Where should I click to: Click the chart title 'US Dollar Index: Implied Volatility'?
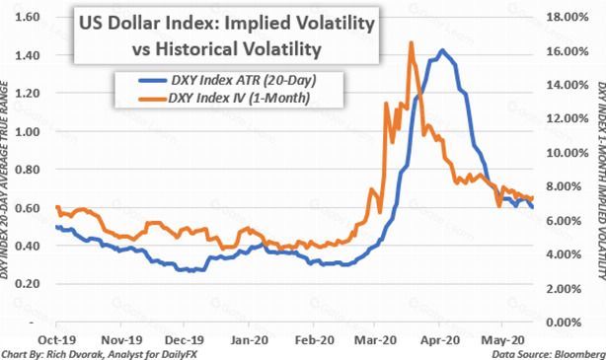point(227,24)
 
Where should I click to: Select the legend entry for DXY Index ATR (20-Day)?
point(228,80)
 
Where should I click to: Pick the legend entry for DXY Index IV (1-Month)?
point(225,98)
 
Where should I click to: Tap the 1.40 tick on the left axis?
point(27,55)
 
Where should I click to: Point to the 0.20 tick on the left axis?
point(27,283)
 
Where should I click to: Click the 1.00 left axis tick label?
point(27,131)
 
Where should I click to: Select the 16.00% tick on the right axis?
point(567,51)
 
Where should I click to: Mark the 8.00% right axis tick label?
point(564,186)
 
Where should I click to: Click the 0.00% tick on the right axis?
point(564,322)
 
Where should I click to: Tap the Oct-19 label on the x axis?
point(56,340)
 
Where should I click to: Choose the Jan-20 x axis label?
point(250,340)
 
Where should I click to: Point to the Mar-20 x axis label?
point(375,340)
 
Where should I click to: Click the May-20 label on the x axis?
point(502,340)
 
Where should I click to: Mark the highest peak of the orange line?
point(412,42)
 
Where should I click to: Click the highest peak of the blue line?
point(442,50)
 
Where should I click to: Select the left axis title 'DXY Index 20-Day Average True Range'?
point(4,180)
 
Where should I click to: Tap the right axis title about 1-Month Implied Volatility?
point(601,180)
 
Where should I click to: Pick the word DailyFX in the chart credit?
point(181,354)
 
